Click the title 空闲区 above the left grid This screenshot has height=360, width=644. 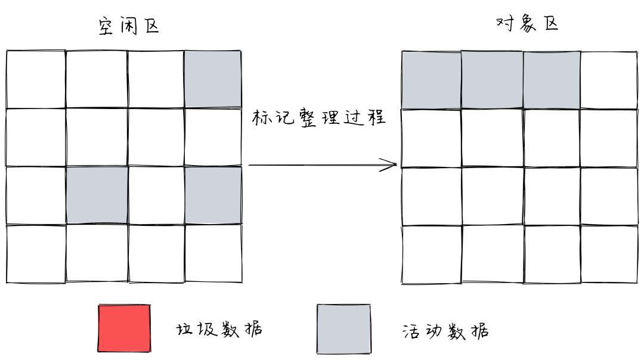pyautogui.click(x=128, y=26)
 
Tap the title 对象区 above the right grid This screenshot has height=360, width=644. pyautogui.click(x=527, y=24)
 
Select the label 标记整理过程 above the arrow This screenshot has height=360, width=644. pyautogui.click(x=318, y=117)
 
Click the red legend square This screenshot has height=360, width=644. pyautogui.click(x=124, y=328)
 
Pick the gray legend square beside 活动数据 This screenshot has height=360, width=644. pyautogui.click(x=343, y=328)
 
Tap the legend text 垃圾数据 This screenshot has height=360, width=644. pyautogui.click(x=219, y=329)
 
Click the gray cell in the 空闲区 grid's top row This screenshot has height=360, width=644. pyautogui.click(x=213, y=79)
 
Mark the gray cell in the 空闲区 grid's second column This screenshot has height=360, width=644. pyautogui.click(x=97, y=195)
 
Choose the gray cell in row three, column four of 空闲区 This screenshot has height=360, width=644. pyautogui.click(x=213, y=195)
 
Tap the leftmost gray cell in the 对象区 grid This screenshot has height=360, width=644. pyautogui.click(x=431, y=80)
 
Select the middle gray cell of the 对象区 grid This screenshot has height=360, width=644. pyautogui.click(x=492, y=80)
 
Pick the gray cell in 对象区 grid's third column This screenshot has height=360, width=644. pyautogui.click(x=552, y=80)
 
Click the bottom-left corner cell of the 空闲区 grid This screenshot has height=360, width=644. pyautogui.click(x=36, y=253)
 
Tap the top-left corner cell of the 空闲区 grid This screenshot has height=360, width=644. pyautogui.click(x=36, y=79)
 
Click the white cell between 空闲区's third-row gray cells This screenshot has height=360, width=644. pyautogui.click(x=156, y=195)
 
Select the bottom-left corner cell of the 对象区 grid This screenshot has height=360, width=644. pyautogui.click(x=431, y=254)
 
